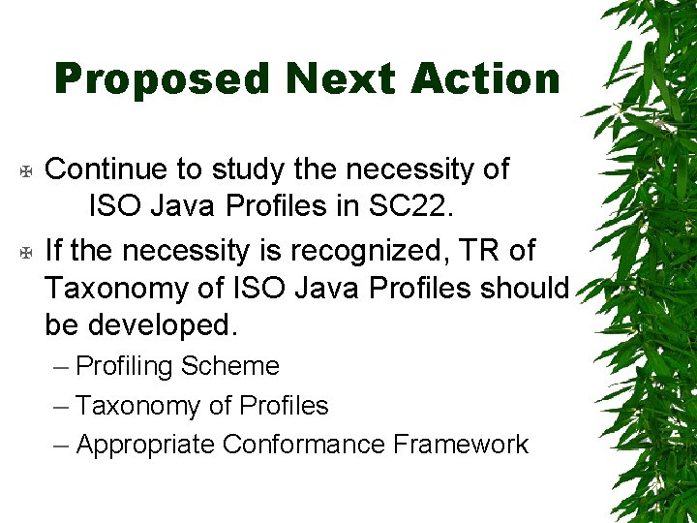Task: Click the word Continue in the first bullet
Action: tap(106, 169)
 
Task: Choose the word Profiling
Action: tap(124, 367)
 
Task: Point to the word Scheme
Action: tap(230, 366)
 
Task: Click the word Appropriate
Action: tap(145, 446)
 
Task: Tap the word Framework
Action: tap(461, 445)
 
